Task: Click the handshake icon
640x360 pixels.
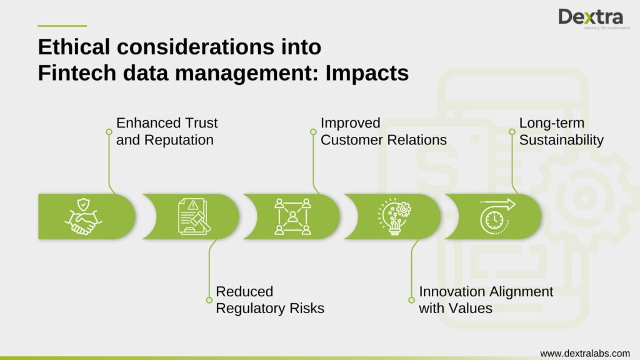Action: point(84,216)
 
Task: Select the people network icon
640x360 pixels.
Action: point(292,216)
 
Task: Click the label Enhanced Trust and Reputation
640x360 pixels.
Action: point(166,131)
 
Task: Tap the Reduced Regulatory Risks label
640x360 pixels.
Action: point(269,300)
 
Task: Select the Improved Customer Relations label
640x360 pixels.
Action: point(383,131)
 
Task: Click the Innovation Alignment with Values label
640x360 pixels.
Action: point(486,300)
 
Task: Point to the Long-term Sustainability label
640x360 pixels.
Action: point(561,131)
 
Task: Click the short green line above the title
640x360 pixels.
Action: point(62,26)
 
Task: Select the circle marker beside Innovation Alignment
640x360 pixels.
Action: point(412,299)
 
